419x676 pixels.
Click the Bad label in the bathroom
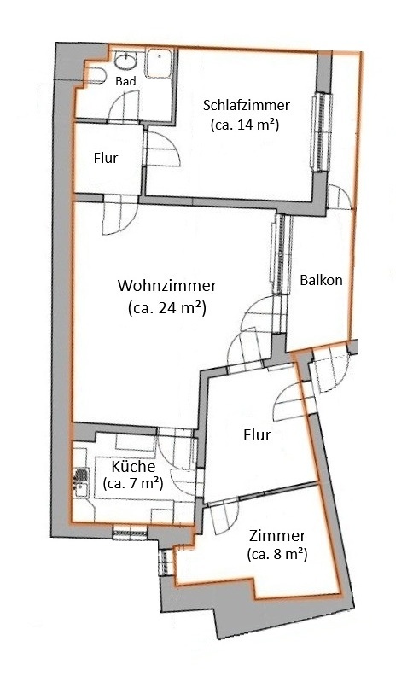point(126,81)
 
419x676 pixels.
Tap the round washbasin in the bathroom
point(126,60)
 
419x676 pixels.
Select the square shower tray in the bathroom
point(159,63)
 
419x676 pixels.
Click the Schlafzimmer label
point(247,105)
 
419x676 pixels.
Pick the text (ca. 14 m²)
point(245,125)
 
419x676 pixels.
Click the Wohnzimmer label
point(167,285)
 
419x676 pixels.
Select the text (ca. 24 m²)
point(167,308)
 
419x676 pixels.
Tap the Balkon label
point(321,280)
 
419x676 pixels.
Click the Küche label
point(133,467)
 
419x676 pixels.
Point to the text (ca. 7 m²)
point(133,483)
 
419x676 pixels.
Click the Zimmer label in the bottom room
point(277,536)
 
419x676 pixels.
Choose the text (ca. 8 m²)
point(277,554)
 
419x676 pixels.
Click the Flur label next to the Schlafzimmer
point(106,158)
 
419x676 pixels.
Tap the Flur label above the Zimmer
point(257,434)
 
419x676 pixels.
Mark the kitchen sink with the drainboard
point(80,482)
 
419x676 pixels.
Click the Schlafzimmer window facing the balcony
point(323,132)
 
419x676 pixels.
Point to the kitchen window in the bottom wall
point(131,533)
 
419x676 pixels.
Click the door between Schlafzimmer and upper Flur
point(162,149)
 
